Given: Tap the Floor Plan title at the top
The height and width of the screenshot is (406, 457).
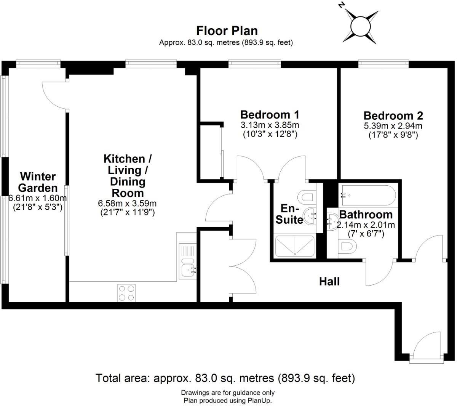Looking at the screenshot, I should click(227, 30).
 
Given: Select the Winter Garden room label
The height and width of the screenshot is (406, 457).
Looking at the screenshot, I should click(38, 182).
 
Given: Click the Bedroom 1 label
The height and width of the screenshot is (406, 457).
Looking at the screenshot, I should click(270, 114).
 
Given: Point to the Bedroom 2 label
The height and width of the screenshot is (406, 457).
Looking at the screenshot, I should click(393, 116).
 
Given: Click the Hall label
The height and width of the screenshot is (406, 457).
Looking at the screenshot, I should click(329, 282).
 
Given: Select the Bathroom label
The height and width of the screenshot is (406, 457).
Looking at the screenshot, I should click(366, 214).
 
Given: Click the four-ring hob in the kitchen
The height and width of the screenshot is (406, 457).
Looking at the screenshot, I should click(126, 293).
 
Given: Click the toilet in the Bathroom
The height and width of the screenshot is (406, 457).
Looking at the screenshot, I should click(347, 247).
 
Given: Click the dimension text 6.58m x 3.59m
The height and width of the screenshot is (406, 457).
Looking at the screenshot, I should click(127, 204).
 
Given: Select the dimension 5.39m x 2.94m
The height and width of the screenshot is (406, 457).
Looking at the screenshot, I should click(393, 126).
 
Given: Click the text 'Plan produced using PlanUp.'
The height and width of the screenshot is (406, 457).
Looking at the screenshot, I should click(228, 400).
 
